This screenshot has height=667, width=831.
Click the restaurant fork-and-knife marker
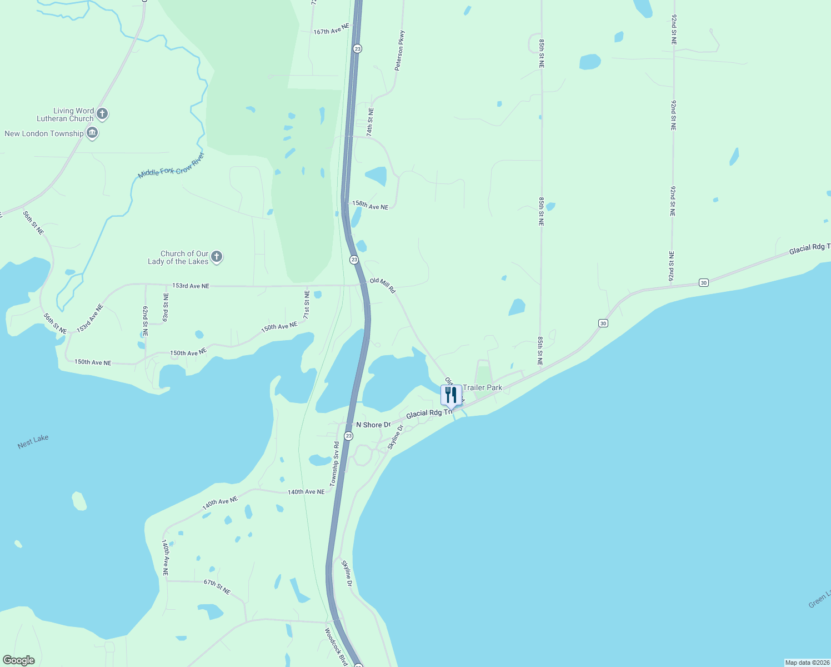[x=450, y=395]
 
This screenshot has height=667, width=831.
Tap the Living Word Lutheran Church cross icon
[x=102, y=114]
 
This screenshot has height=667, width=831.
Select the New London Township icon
[x=92, y=133]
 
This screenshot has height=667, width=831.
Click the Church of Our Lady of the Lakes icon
[x=217, y=257]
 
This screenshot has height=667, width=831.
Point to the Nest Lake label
[x=33, y=441]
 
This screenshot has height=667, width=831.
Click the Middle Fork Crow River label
[x=171, y=166]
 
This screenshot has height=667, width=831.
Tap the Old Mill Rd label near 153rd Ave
[x=382, y=285]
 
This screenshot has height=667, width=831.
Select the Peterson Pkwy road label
[x=399, y=51]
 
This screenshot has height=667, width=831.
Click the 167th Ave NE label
[x=331, y=29]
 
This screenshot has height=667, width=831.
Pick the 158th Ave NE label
[x=370, y=205]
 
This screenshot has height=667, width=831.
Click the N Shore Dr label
[x=373, y=425]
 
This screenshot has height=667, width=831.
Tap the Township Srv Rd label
[x=334, y=464]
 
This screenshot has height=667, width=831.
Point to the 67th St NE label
[x=217, y=586]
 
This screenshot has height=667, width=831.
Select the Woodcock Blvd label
[x=336, y=647]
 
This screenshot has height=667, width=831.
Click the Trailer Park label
[x=482, y=387]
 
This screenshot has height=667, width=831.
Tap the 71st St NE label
[x=306, y=304]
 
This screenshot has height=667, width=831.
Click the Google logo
[x=19, y=660]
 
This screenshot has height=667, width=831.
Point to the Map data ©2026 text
[x=807, y=663]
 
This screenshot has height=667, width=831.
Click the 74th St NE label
[x=370, y=122]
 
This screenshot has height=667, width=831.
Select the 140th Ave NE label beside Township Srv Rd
[x=306, y=492]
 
